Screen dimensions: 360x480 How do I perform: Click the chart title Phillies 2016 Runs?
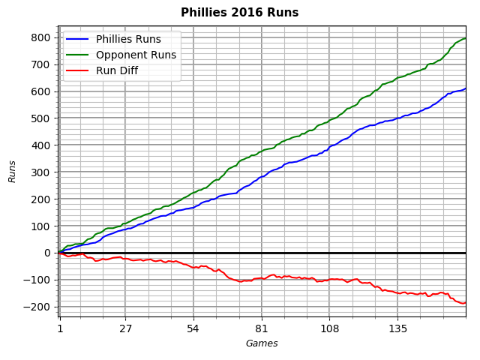pyautogui.click(x=239, y=13)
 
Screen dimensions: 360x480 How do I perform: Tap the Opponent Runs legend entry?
pyautogui.click(x=136, y=55)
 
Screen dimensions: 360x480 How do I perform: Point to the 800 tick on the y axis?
pyautogui.click(x=41, y=37)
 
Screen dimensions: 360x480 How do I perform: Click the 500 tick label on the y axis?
pyautogui.click(x=41, y=118)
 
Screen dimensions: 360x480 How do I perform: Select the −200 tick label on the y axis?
pyautogui.click(x=38, y=307)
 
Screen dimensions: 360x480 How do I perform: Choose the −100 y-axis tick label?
pyautogui.click(x=38, y=280)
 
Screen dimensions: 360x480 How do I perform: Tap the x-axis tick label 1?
pyautogui.click(x=59, y=328)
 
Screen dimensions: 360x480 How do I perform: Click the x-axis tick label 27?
pyautogui.click(x=125, y=328)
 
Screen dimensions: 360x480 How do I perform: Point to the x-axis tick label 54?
pyautogui.click(x=193, y=328)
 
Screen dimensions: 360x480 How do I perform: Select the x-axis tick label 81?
pyautogui.click(x=261, y=328)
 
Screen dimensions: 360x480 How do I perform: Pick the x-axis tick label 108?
pyautogui.click(x=329, y=328)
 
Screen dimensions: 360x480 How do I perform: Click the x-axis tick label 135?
pyautogui.click(x=397, y=328)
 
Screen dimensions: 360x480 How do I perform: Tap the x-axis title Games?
pyautogui.click(x=262, y=343)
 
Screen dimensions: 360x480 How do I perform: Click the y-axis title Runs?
pyautogui.click(x=13, y=171)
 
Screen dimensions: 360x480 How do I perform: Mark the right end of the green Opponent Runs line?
pyautogui.click(x=466, y=38)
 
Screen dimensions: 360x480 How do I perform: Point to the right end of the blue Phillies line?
pyautogui.click(x=466, y=88)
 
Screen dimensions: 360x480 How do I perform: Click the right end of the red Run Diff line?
pyautogui.click(x=466, y=302)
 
